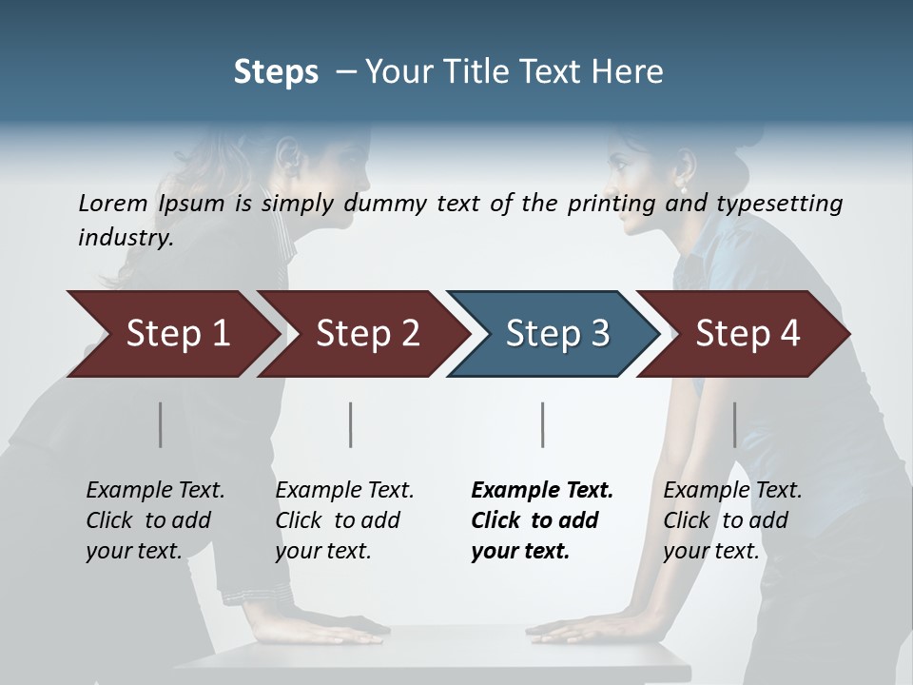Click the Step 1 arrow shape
tap(176, 333)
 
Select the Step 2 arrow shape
tap(366, 333)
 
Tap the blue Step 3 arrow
tap(556, 333)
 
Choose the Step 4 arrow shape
tap(747, 333)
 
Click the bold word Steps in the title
tap(276, 71)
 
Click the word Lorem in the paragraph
tap(113, 203)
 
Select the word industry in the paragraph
tap(125, 237)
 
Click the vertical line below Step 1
tap(161, 424)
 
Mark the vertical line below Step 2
tap(351, 424)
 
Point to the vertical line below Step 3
tap(542, 424)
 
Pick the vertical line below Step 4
tap(734, 424)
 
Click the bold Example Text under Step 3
tap(542, 491)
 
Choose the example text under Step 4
tap(732, 519)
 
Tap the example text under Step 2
tap(344, 519)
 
